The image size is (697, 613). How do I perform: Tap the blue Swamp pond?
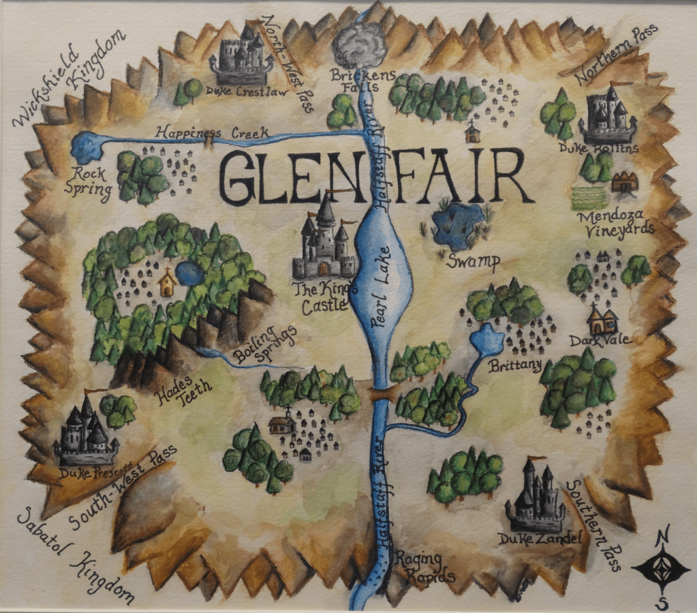click(458, 225)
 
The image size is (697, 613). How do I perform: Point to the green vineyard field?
click(589, 197)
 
